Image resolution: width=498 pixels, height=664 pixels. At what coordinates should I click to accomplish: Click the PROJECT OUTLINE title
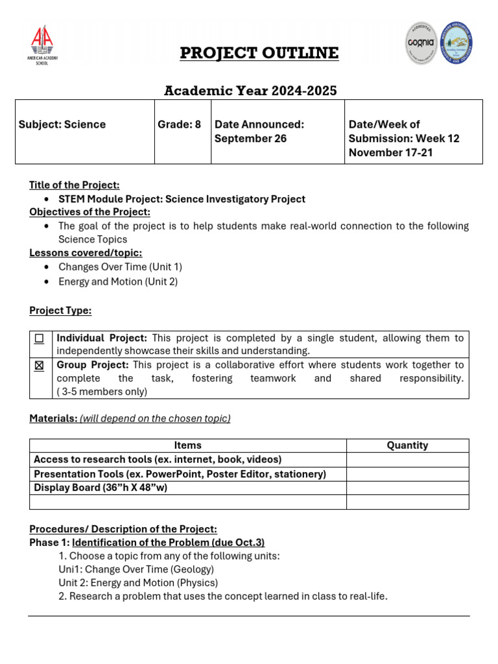click(259, 53)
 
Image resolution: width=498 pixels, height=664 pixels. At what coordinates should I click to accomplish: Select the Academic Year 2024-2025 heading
click(250, 91)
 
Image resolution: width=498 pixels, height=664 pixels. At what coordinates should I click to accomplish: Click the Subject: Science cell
click(62, 124)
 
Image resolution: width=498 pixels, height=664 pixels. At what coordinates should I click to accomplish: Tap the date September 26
click(250, 139)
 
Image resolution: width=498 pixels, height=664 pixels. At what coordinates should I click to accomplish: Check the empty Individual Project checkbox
click(40, 338)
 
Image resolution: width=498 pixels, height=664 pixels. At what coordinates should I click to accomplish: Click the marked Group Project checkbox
click(40, 366)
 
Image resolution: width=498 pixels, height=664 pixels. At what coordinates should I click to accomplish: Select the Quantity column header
click(407, 445)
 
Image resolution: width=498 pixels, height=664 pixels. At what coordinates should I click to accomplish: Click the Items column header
click(188, 445)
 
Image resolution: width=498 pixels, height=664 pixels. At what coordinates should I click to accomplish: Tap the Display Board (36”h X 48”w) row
click(101, 488)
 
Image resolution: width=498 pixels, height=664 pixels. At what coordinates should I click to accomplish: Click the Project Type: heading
click(60, 311)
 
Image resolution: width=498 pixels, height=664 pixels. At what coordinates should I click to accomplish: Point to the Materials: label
click(53, 418)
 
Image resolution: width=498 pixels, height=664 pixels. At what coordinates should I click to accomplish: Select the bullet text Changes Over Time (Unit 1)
click(120, 267)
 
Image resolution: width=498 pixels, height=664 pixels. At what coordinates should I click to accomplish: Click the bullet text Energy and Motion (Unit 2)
click(118, 281)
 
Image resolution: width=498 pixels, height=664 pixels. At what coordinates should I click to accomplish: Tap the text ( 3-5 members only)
click(102, 392)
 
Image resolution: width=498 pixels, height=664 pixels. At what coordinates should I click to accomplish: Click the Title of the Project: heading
click(74, 185)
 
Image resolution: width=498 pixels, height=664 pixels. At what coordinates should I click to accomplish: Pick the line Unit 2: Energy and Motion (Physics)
click(138, 582)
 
